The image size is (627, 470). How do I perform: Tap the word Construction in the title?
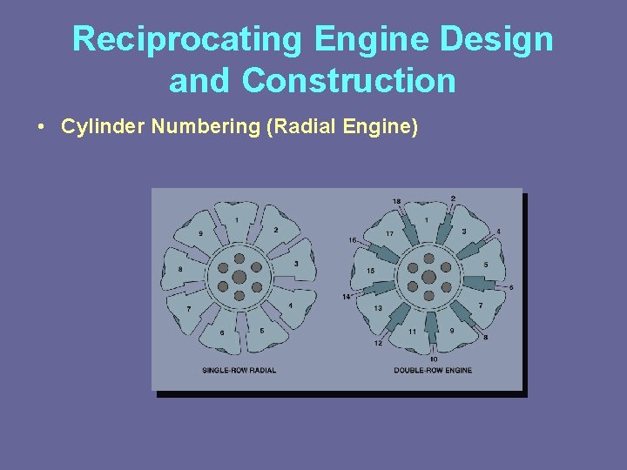click(x=349, y=81)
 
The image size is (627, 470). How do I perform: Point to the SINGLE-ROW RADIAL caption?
click(x=239, y=371)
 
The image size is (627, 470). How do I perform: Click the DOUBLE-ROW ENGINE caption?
click(x=433, y=371)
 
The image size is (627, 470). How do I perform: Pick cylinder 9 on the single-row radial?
click(x=201, y=233)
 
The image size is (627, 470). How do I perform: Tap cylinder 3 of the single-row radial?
click(x=296, y=264)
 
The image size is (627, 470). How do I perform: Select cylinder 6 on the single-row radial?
click(x=222, y=332)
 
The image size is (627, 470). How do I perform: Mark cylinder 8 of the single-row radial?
click(x=181, y=270)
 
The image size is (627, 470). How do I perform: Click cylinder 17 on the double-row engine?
click(x=389, y=233)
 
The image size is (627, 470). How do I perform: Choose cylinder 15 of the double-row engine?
click(x=370, y=271)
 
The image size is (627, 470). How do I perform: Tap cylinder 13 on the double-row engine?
click(x=378, y=308)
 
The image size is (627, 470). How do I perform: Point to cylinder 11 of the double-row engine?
click(x=412, y=331)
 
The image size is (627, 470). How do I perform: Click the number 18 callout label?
click(x=397, y=201)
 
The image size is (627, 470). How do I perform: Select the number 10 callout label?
click(x=433, y=359)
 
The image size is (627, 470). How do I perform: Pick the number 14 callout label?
click(x=346, y=297)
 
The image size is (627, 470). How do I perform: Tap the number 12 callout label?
click(x=378, y=343)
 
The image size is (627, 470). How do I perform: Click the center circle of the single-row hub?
click(x=239, y=278)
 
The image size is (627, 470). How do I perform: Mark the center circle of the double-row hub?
click(x=428, y=278)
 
